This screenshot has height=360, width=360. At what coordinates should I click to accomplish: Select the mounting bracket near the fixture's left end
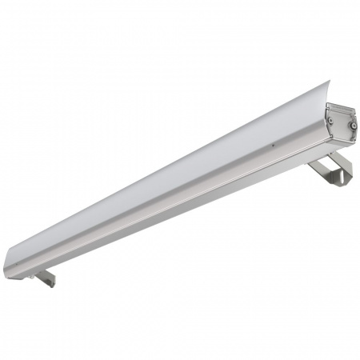(x=46, y=278)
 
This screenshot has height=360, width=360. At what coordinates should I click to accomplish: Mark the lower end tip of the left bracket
(x=54, y=284)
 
